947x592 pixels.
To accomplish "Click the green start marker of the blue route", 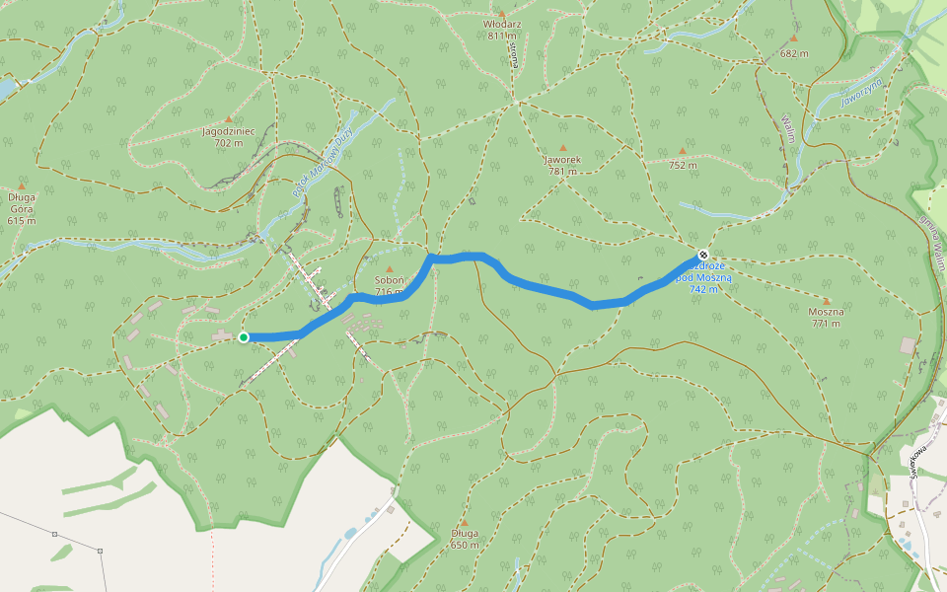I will [244, 337].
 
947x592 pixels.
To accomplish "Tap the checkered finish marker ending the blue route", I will [702, 255].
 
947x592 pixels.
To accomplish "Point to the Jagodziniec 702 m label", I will [228, 136].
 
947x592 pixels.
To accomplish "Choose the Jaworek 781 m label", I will [563, 165].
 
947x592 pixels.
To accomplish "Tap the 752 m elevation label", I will [682, 165].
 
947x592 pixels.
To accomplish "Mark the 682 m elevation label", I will [793, 53].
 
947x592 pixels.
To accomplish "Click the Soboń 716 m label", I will [389, 286].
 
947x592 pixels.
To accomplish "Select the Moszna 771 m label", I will [826, 317].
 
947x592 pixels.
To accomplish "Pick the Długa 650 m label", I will [465, 539].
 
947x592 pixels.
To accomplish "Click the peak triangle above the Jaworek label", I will [563, 148].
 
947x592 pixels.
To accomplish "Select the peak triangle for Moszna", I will [827, 301].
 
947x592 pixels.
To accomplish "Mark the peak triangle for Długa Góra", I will [22, 185].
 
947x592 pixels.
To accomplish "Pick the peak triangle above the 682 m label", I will [793, 38].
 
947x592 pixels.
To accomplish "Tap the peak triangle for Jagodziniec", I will [229, 119].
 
